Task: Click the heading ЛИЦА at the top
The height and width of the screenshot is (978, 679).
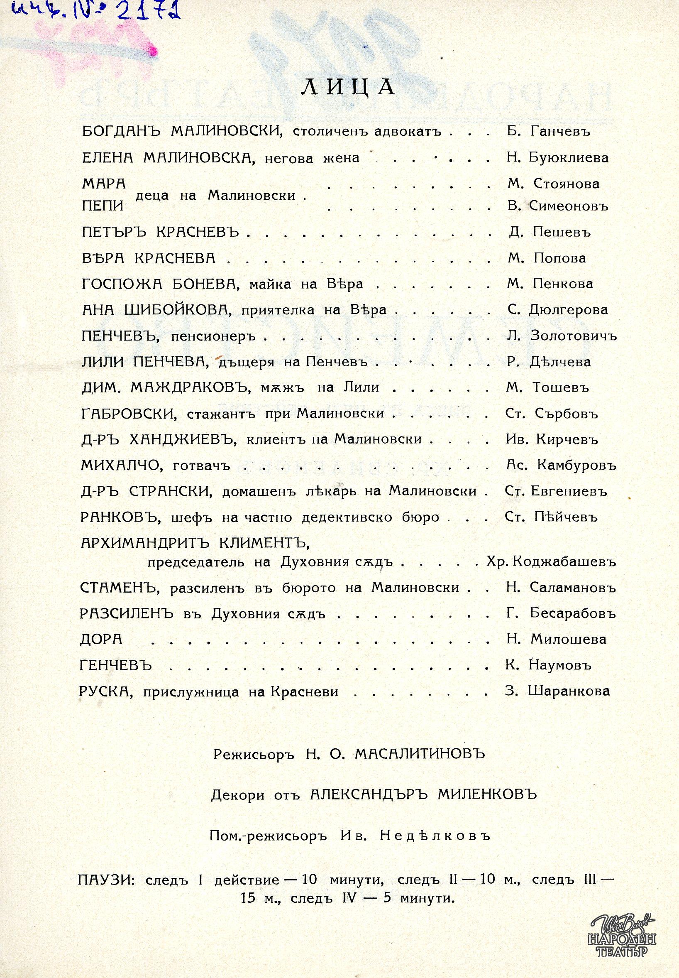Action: pos(348,86)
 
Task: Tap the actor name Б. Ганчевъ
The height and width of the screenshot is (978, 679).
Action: pos(548,132)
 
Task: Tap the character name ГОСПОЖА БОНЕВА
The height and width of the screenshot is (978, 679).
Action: pos(156,284)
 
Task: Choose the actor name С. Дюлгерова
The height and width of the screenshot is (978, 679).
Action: pos(557,310)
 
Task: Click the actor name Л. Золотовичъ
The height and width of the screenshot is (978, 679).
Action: pos(562,336)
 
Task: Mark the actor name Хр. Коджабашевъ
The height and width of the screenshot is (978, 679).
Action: pos(551,562)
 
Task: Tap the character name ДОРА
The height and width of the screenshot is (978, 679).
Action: pos(101,640)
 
